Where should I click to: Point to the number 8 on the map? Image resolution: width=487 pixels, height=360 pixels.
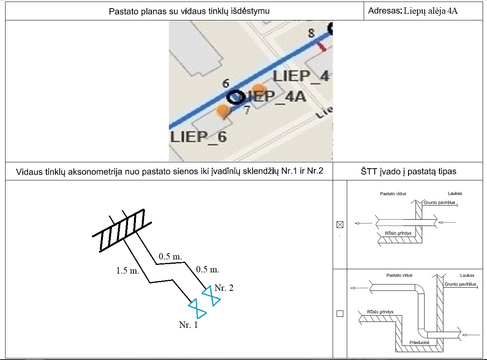[311, 33]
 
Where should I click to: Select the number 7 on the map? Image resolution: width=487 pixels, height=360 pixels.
[247, 110]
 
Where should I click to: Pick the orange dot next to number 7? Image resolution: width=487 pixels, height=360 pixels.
[223, 110]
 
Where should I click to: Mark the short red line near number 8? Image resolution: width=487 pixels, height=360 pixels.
[322, 47]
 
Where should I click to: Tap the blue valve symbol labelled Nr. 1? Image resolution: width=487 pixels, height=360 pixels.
[198, 309]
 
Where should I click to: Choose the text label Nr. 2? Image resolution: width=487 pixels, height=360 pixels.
[225, 288]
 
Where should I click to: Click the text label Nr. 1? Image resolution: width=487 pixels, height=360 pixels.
[188, 325]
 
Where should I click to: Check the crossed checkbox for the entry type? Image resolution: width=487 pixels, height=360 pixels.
[340, 225]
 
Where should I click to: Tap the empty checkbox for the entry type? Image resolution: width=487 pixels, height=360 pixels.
[340, 314]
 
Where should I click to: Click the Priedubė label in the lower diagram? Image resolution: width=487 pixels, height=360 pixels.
[419, 342]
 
